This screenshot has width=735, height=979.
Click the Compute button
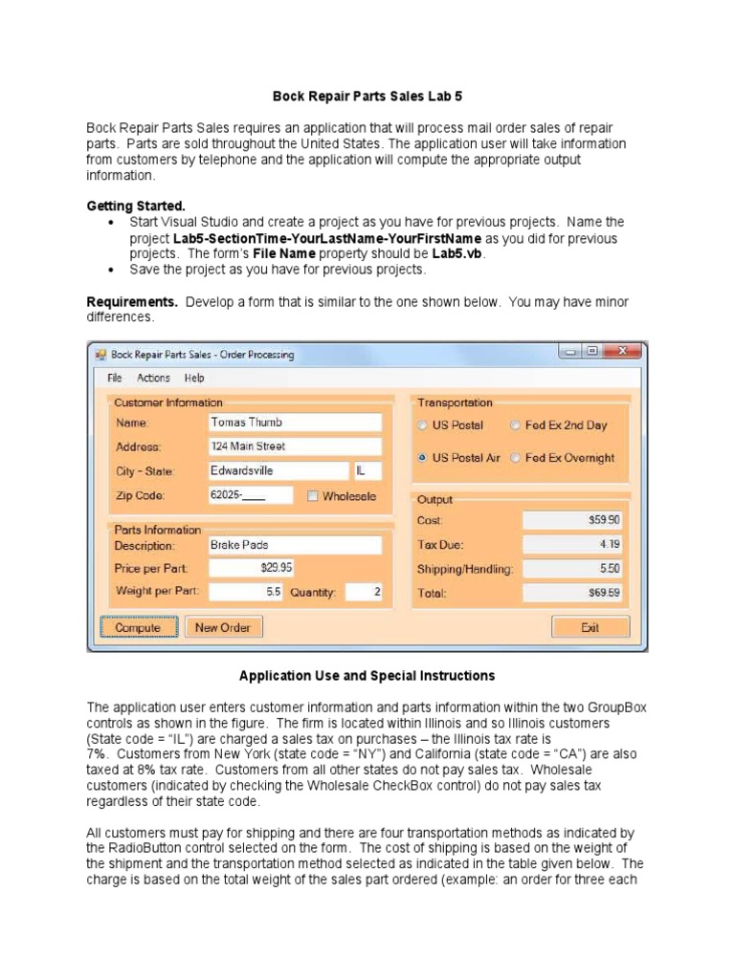click(139, 628)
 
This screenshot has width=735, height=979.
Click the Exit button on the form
click(590, 628)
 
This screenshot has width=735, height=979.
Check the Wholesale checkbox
click(313, 496)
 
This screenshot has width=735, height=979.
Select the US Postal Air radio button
click(423, 458)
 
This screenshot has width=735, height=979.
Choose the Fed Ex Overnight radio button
click(516, 458)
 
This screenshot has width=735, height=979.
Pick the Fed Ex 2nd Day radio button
click(516, 425)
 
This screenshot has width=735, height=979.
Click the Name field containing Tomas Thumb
click(294, 423)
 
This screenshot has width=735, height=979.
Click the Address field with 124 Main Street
click(294, 446)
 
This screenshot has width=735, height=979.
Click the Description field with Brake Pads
click(294, 545)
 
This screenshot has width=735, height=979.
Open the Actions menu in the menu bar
click(153, 379)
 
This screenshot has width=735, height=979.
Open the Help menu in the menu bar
click(194, 379)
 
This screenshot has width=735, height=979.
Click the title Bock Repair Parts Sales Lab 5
click(367, 97)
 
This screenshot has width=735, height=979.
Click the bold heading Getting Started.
click(136, 207)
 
